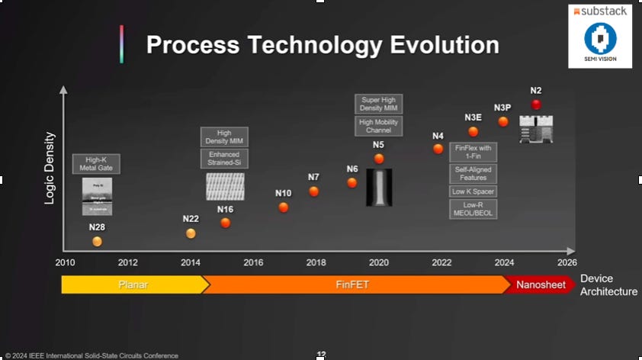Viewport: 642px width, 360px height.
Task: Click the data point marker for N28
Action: pos(97,242)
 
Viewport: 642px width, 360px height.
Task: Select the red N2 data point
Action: pos(536,104)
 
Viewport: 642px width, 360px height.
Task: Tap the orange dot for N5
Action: pos(379,159)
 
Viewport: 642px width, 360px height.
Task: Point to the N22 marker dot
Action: pos(191,233)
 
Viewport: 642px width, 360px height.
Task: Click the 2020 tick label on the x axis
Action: pos(379,262)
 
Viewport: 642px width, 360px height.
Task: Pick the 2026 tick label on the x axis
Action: pos(567,262)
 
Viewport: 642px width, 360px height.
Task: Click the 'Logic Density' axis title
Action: pos(50,168)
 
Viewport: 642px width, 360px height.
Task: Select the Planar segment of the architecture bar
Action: pos(133,284)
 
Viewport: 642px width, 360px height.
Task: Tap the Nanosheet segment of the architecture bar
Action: pos(541,284)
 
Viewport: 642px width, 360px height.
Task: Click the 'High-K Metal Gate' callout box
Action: pos(97,163)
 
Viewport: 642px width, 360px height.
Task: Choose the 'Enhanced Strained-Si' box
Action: pos(224,159)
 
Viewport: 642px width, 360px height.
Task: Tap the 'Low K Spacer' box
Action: pos(473,191)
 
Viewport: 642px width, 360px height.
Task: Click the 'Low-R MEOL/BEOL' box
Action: pos(473,209)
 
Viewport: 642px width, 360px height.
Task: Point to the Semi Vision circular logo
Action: pos(600,38)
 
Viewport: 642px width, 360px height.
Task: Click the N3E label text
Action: pos(473,117)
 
